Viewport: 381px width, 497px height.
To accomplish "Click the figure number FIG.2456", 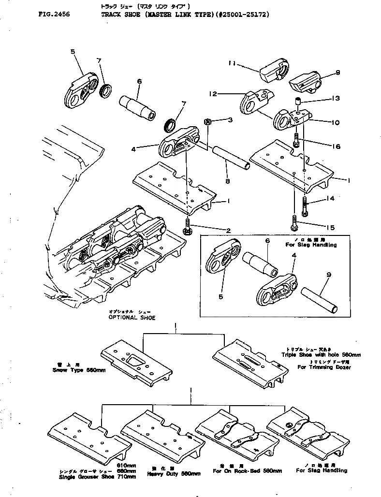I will [54, 15].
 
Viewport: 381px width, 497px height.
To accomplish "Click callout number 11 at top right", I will [232, 63].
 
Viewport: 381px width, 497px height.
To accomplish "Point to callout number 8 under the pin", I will [227, 181].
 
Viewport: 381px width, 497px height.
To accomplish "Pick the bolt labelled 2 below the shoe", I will [187, 226].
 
